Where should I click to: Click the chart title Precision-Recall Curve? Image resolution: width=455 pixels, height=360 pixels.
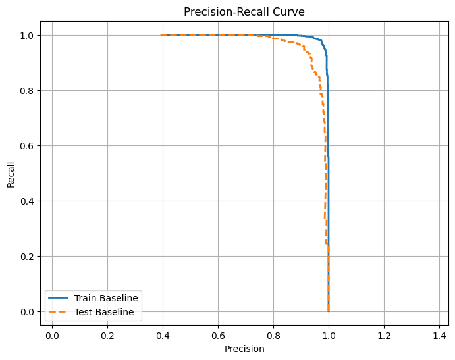click(x=244, y=12)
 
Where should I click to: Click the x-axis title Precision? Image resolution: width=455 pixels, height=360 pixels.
click(x=244, y=349)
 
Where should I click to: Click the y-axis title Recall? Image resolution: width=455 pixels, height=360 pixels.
click(x=11, y=173)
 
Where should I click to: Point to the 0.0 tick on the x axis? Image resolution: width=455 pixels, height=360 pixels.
click(x=52, y=334)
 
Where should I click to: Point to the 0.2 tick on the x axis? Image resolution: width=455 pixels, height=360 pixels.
click(x=107, y=334)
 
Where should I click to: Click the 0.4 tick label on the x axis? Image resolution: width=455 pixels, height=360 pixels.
click(x=163, y=334)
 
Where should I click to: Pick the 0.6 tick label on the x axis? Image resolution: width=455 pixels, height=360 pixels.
click(x=218, y=334)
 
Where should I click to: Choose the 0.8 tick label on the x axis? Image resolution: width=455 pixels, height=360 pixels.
click(x=273, y=334)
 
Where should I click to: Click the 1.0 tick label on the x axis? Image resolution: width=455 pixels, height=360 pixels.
click(x=329, y=334)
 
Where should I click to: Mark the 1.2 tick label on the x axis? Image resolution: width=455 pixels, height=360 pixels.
click(x=384, y=334)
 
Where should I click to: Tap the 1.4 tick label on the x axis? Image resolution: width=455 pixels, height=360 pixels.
click(x=439, y=334)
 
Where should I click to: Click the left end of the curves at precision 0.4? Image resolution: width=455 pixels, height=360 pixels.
click(x=161, y=35)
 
